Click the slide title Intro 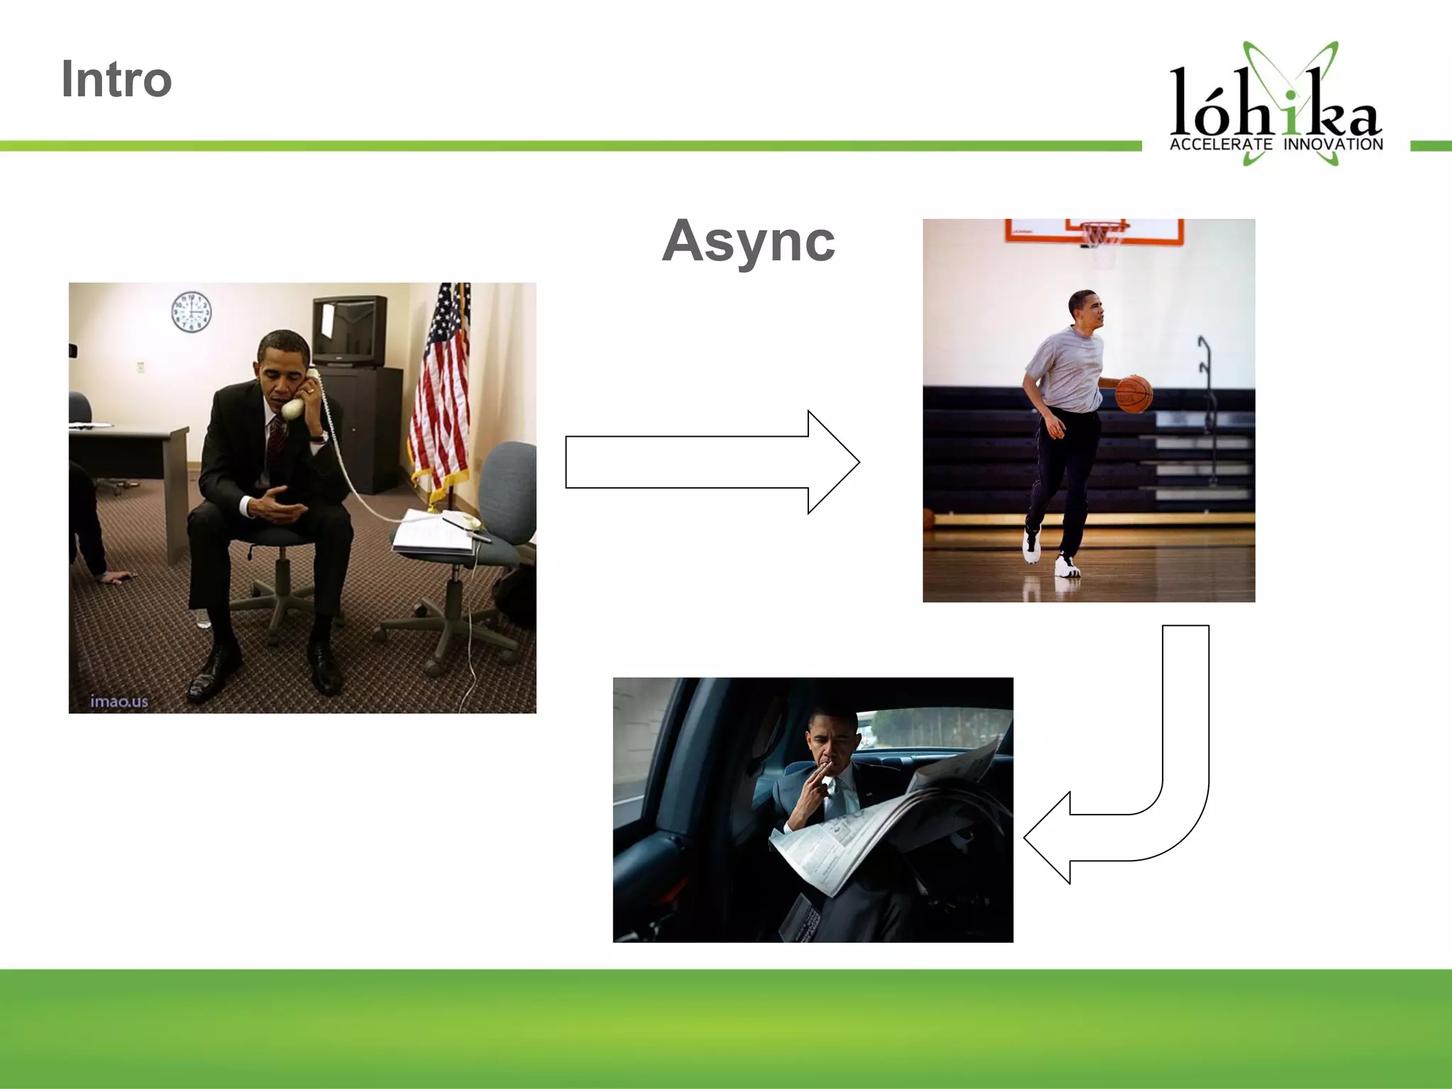pos(116,79)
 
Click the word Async pos(749,241)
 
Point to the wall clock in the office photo pos(191,312)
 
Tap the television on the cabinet pos(350,330)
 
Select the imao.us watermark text pos(119,701)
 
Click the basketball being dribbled pos(1134,394)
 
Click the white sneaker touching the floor pos(1067,566)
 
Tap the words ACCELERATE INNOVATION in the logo pos(1275,145)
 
